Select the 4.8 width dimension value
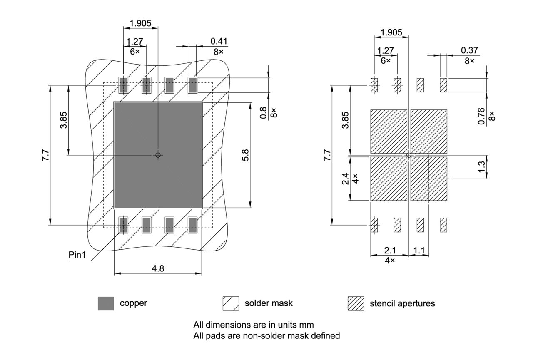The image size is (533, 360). click(x=158, y=268)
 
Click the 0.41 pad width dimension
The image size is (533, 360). click(x=219, y=41)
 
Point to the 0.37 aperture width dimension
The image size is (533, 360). click(x=469, y=50)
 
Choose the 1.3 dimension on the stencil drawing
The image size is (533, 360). click(x=482, y=167)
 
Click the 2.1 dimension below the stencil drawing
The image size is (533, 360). click(x=390, y=251)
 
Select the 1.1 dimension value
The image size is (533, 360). click(x=419, y=251)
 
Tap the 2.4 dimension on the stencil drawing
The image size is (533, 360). click(x=346, y=179)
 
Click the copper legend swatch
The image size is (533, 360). click(x=106, y=303)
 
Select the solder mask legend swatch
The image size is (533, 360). click(x=231, y=303)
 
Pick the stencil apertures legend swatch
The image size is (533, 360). click(x=356, y=303)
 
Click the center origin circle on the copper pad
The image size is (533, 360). click(x=158, y=155)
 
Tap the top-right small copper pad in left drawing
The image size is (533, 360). click(x=192, y=85)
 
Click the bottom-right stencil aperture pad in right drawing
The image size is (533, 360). click(x=443, y=225)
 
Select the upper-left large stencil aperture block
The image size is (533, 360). click(x=389, y=132)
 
